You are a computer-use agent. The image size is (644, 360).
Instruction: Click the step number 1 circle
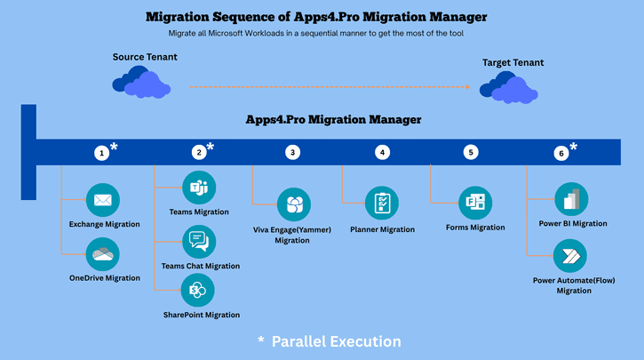[x=102, y=153]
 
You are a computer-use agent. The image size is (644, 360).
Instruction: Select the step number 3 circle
[x=292, y=153]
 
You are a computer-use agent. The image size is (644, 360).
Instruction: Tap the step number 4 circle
[x=382, y=153]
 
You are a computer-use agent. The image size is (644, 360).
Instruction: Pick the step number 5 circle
[x=471, y=153]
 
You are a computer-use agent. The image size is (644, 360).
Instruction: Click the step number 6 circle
[x=561, y=153]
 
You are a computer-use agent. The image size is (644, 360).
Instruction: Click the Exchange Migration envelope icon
[x=102, y=200]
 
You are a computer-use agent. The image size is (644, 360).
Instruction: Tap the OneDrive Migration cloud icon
[x=102, y=254]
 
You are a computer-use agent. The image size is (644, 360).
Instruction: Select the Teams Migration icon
[x=198, y=188]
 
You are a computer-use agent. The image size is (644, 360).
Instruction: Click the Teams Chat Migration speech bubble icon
[x=198, y=242]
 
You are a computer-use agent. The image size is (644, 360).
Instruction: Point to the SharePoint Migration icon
[x=198, y=291]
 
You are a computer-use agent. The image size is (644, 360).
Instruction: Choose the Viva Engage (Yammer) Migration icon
[x=293, y=205]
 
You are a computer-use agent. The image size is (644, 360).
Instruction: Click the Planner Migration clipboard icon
[x=382, y=204]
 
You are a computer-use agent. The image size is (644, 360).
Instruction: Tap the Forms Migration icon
[x=475, y=203]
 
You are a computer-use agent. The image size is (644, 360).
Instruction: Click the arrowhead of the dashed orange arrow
[x=467, y=87]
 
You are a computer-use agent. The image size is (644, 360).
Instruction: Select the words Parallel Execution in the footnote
[x=336, y=341]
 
